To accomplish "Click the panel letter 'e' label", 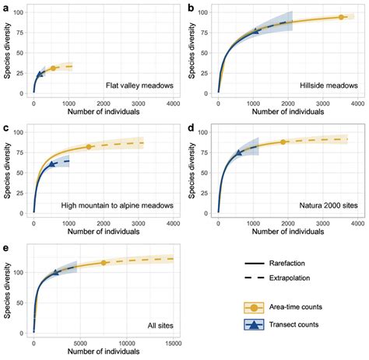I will click(6, 247).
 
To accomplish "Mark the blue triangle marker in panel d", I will click(239, 152).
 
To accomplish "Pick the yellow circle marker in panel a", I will click(53, 68).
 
